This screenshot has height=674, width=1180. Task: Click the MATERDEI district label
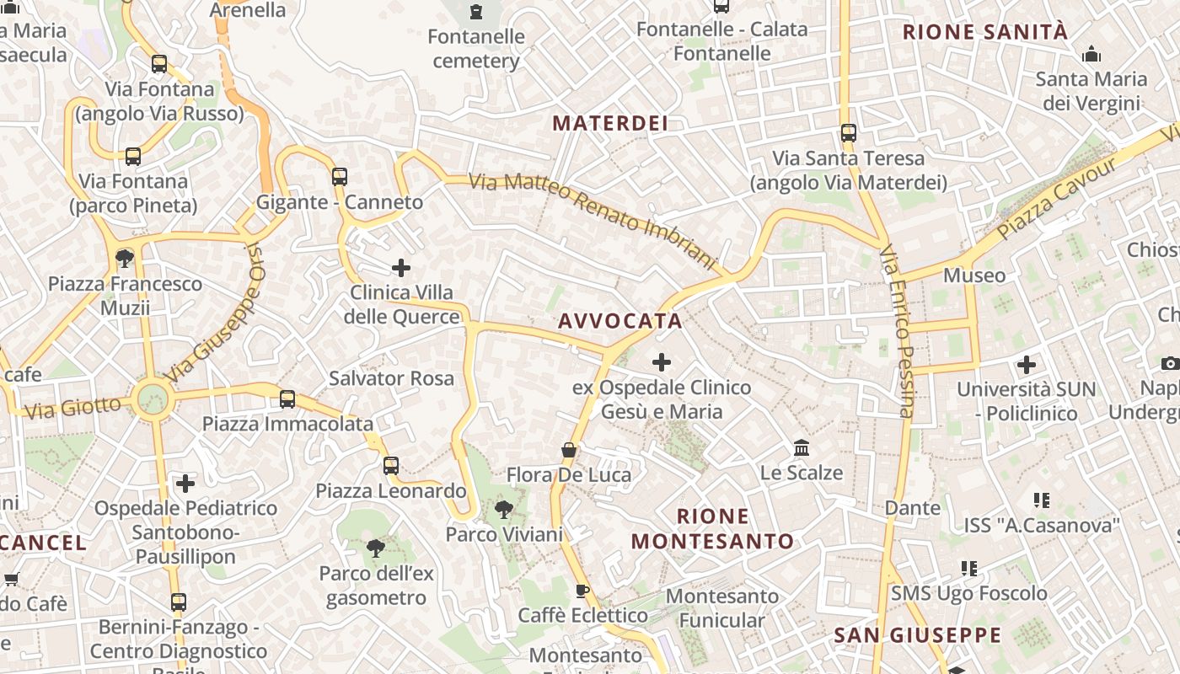coord(610,123)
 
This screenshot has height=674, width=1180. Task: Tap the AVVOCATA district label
coord(620,321)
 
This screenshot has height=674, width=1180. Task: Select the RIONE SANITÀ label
coord(984,33)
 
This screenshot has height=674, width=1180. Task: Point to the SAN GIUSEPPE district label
coord(918,635)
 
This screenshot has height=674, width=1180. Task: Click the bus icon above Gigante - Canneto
coord(340,177)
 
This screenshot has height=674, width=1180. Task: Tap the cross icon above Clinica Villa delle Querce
coord(401,268)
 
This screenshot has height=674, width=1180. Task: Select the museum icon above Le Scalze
coord(802,447)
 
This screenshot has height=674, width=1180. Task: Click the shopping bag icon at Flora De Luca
coord(569,450)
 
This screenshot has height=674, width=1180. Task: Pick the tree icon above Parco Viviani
coord(504,509)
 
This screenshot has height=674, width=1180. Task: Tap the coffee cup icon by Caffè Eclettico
coord(582,591)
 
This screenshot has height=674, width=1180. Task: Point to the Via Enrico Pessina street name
coord(896,330)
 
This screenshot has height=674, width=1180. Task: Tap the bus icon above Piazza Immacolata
coord(287,399)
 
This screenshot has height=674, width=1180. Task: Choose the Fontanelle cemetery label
coord(476,49)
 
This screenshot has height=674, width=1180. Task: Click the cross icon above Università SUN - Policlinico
coord(1026,365)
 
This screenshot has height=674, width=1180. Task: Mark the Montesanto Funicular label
coord(722,608)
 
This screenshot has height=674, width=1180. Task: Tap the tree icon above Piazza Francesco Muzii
coord(125,258)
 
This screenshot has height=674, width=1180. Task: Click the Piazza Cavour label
coord(1059,197)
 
